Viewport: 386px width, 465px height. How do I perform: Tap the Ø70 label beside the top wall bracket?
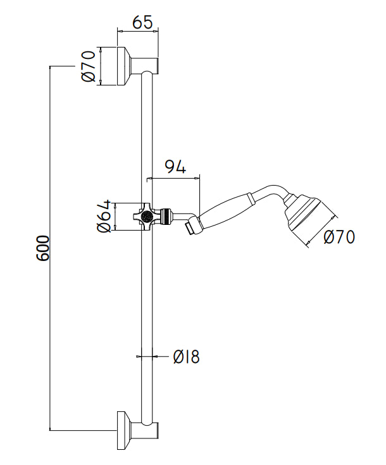tap(89, 67)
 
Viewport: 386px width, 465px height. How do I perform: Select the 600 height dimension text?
tap(43, 248)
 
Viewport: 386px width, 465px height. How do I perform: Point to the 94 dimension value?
tap(175, 167)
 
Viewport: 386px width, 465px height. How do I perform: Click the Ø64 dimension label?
tap(103, 217)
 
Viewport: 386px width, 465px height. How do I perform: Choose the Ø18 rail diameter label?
tap(186, 357)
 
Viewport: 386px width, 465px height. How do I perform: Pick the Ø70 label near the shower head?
tap(339, 237)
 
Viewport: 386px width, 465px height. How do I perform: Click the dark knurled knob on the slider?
tap(146, 216)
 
